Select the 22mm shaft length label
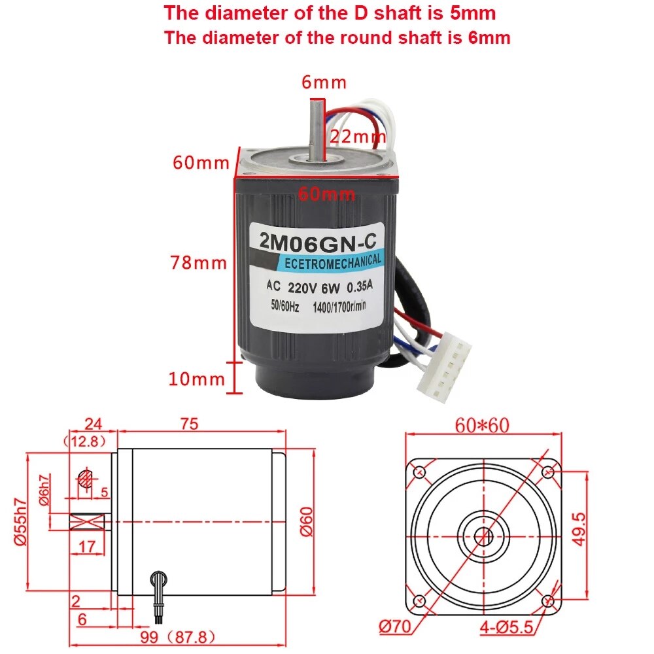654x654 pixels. click(357, 137)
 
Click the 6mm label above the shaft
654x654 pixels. click(323, 82)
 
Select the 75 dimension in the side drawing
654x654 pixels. click(189, 424)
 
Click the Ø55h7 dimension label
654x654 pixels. click(20, 521)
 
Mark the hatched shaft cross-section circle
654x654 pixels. click(85, 479)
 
